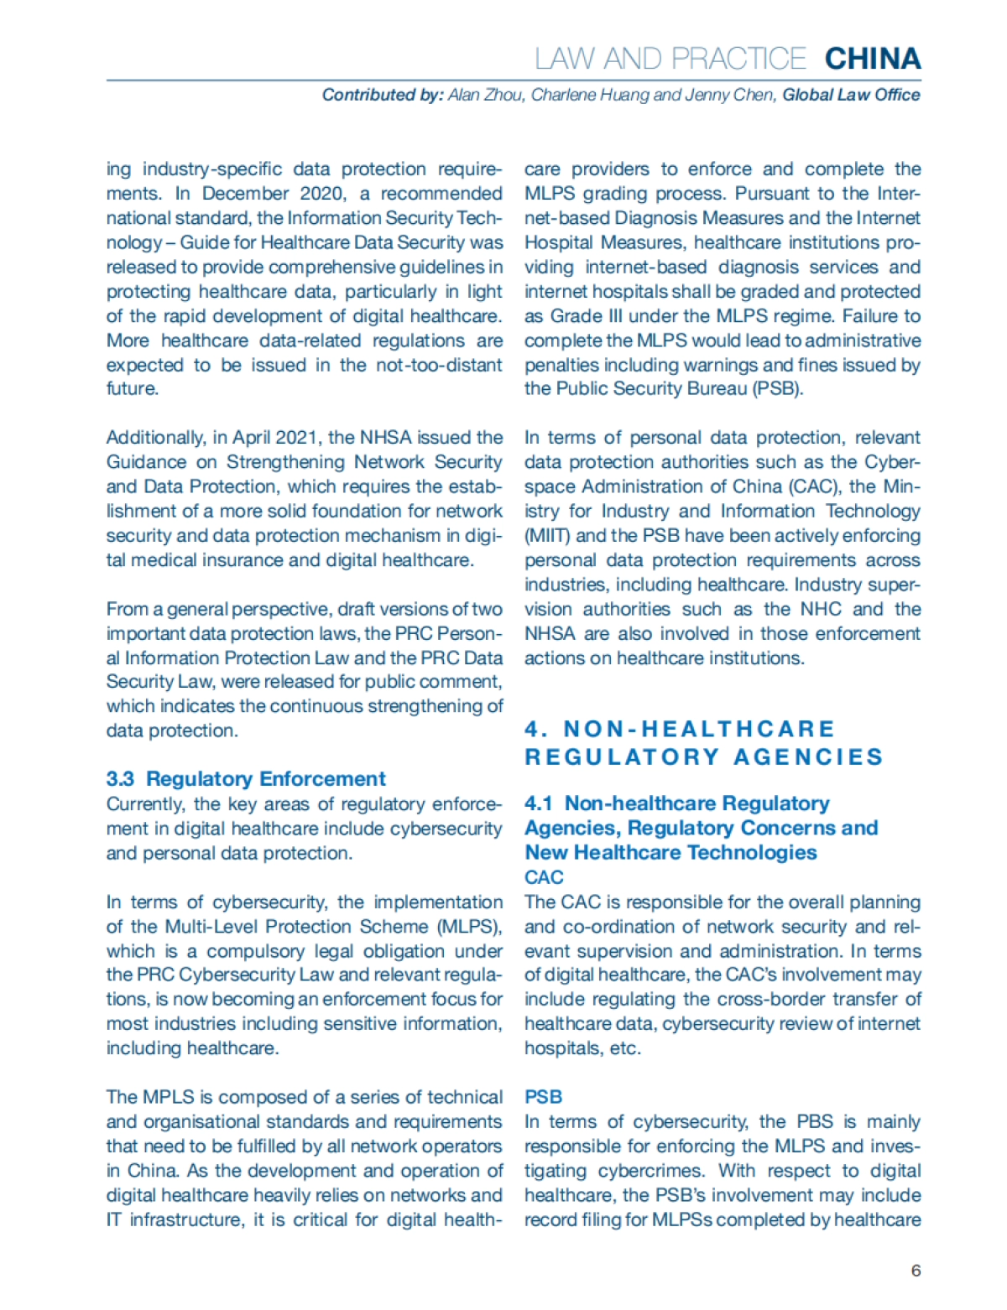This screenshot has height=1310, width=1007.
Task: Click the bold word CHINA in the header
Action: pos(873,59)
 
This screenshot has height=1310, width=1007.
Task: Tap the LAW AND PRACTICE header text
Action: pos(670,59)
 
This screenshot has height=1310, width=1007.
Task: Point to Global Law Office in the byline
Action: pos(851,95)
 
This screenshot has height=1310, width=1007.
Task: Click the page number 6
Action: pos(916,1270)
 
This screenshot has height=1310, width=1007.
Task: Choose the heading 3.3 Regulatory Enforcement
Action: pos(246,778)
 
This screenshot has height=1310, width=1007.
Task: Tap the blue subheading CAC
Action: pos(544,877)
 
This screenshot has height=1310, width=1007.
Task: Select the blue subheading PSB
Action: pos(543,1097)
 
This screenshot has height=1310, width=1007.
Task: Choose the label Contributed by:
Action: pos(382,95)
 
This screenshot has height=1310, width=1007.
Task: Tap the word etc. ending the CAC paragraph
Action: pos(625,1048)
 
